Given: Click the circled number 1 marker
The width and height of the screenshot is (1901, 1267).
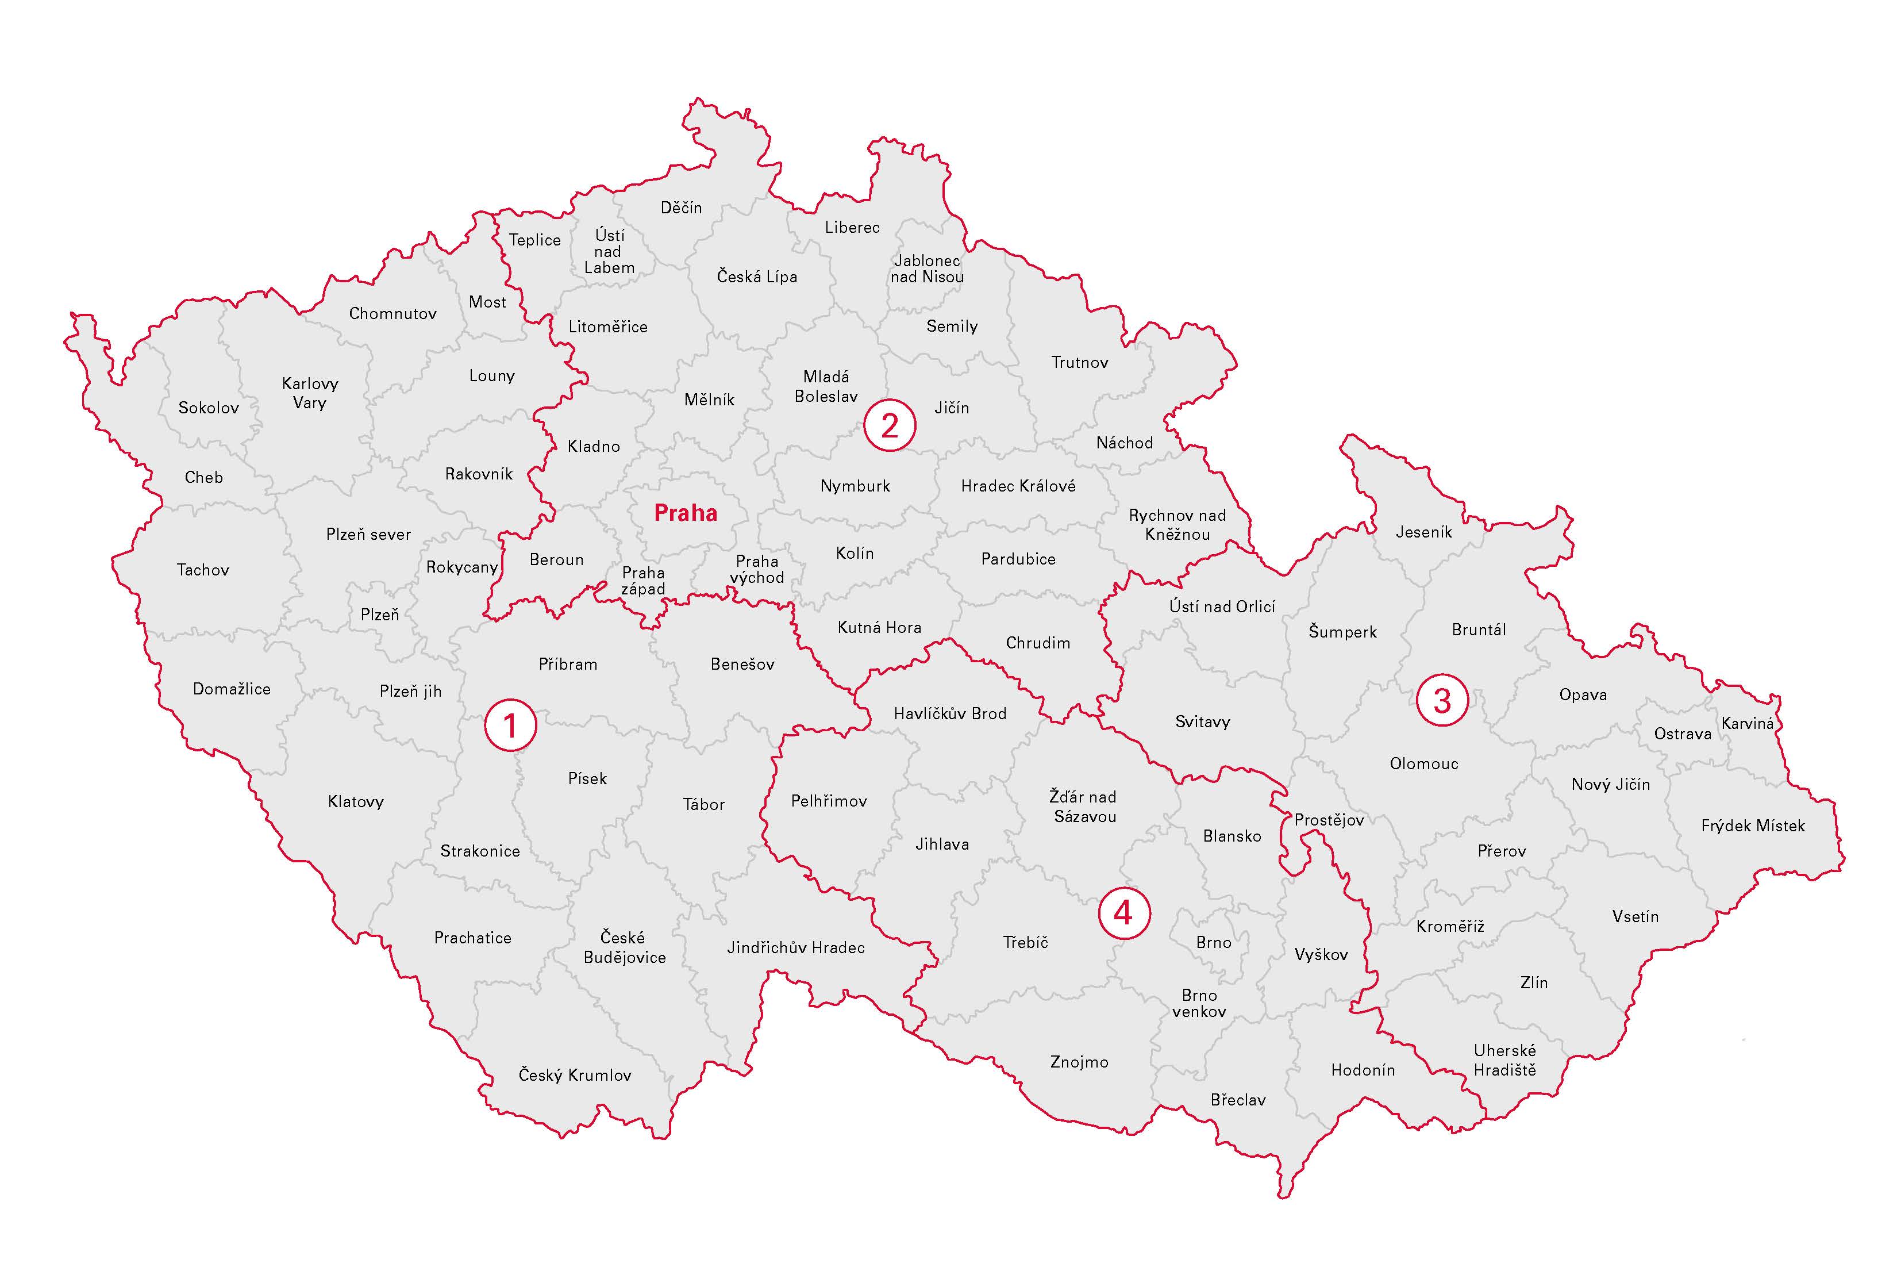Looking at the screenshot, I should [510, 725].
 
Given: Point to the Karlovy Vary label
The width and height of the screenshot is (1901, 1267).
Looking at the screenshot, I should [309, 393].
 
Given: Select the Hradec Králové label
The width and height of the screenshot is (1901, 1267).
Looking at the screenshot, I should [1018, 486].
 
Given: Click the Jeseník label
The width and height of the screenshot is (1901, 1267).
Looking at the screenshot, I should [1423, 532].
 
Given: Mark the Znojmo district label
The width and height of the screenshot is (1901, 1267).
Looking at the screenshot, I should [1079, 1062].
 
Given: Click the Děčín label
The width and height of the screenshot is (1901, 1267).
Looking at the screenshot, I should [681, 208].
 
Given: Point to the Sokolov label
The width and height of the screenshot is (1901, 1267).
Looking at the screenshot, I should [209, 407].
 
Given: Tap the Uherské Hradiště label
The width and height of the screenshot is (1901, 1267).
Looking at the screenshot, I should [1504, 1060].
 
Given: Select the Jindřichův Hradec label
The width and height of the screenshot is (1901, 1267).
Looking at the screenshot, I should [795, 947].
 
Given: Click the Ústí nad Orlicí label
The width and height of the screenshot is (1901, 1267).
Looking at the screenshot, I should [1222, 606].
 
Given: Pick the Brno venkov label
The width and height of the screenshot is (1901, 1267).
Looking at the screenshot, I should [1199, 1003].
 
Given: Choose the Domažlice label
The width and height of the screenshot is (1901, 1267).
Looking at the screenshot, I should [232, 689].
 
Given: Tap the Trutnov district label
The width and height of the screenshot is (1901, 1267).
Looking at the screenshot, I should [1080, 362].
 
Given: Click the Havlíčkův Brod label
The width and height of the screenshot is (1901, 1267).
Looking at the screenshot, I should [950, 713].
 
